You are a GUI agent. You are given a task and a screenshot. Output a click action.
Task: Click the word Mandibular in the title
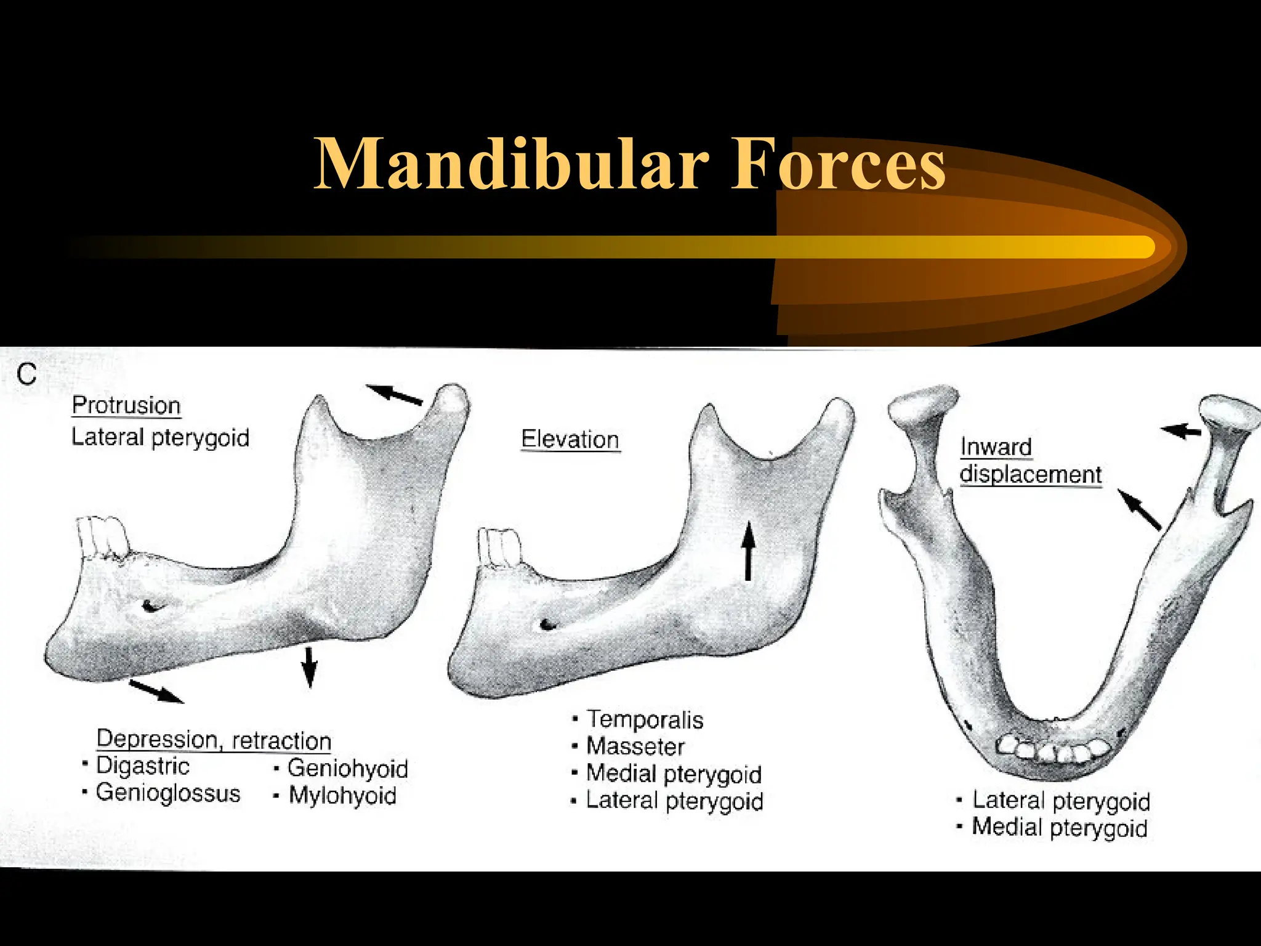(x=511, y=164)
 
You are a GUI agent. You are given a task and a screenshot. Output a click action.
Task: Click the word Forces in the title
(x=838, y=164)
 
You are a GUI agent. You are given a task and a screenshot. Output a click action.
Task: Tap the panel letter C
(x=27, y=374)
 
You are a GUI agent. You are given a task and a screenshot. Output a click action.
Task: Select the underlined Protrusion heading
(x=126, y=405)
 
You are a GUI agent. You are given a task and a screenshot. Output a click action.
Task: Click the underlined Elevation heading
(x=570, y=439)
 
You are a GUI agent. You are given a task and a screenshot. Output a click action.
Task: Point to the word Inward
(x=996, y=447)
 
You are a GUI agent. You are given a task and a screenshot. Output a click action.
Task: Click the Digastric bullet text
(x=143, y=766)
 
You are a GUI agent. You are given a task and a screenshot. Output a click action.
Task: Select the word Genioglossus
(x=168, y=793)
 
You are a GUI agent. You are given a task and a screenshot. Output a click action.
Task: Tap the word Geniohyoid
(x=348, y=768)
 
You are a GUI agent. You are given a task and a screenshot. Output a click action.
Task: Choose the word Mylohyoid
(x=343, y=795)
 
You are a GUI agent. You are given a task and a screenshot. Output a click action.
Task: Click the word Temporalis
(x=645, y=719)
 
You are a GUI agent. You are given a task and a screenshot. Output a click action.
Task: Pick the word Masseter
(x=635, y=746)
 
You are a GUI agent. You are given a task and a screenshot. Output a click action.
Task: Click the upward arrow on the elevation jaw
(x=748, y=551)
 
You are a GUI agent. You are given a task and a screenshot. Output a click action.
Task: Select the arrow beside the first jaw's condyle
(x=394, y=394)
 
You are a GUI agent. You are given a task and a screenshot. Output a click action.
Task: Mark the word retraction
(x=281, y=740)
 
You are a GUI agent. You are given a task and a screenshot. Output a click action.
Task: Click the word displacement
(x=1030, y=474)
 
